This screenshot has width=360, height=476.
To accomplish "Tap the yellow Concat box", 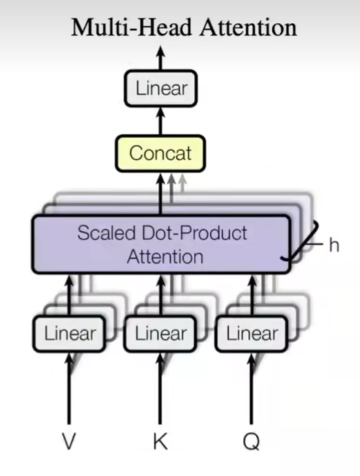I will pos(160,153).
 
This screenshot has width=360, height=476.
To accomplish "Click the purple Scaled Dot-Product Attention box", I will pos(161,245).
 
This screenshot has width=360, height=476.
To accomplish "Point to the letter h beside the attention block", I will pos(334,245).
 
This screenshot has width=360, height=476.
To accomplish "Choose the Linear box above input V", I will pos(70,334).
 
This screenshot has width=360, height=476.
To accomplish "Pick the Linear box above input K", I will pos(161,334).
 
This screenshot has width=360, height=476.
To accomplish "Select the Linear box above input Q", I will pos(252,334).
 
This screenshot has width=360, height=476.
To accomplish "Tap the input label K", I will pos(160,442).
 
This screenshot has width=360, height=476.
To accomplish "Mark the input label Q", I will pos(252,442).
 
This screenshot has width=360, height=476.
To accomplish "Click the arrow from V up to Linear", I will pos(69,391).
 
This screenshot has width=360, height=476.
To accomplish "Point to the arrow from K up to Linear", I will pos(160,391).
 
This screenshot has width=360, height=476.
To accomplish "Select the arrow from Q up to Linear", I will pos(252,391).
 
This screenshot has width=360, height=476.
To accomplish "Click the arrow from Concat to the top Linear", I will pos(161,121).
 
